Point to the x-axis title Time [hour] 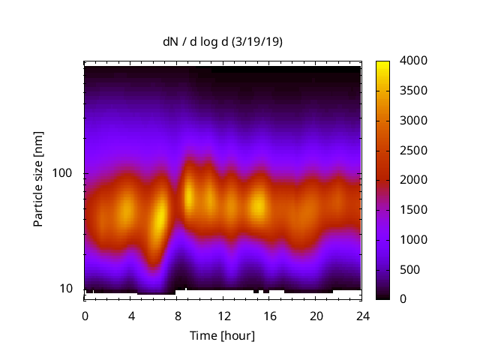(x=222, y=335)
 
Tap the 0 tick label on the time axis (x=85, y=315)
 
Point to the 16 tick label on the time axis (x=269, y=315)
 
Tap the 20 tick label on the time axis (x=315, y=315)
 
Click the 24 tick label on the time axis (x=361, y=315)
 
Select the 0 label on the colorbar (x=403, y=299)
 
